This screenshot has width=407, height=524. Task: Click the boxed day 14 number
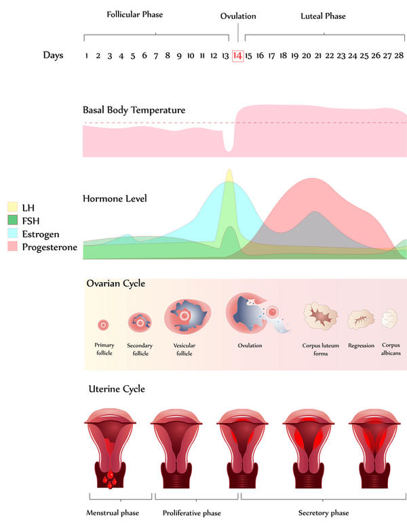[237, 56]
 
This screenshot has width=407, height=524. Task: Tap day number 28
[400, 56]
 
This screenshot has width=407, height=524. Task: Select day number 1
[87, 56]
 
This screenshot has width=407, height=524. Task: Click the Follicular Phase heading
[134, 14]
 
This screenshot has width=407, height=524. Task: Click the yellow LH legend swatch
[12, 206]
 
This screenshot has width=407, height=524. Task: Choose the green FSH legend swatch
[12, 220]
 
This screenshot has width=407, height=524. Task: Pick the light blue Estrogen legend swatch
[12, 233]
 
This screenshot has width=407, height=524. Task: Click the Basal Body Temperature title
[134, 109]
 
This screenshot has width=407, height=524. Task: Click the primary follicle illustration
[104, 325]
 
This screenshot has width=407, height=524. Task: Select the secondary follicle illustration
[140, 321]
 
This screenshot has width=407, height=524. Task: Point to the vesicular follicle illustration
[185, 317]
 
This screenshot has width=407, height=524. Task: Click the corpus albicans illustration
[390, 318]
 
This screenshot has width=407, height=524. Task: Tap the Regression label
[361, 345]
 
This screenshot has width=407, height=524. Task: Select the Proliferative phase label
[191, 513]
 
